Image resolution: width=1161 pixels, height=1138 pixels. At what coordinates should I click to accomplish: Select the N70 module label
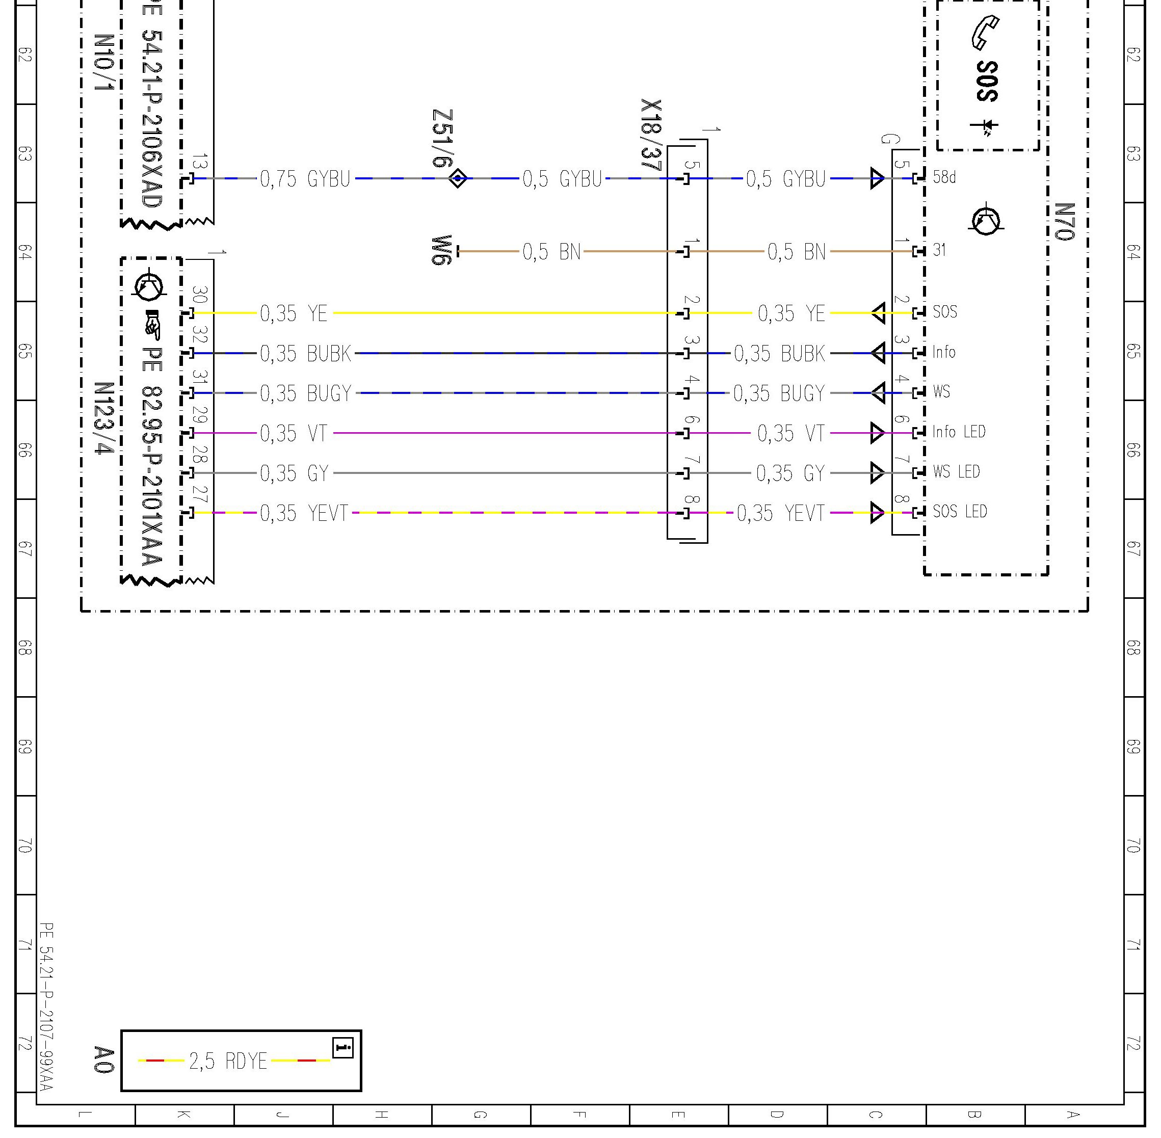click(x=1064, y=222)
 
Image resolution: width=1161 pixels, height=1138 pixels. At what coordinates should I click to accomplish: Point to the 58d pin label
click(x=944, y=177)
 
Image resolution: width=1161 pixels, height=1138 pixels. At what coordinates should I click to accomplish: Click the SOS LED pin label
click(x=960, y=512)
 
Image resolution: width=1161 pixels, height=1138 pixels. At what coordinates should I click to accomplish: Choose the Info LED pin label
click(x=959, y=432)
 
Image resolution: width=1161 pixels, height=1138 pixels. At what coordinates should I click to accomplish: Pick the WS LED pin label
click(x=956, y=471)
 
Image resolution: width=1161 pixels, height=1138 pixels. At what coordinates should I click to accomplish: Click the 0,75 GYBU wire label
click(x=305, y=179)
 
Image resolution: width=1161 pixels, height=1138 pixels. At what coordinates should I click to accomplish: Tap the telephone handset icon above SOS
click(x=984, y=33)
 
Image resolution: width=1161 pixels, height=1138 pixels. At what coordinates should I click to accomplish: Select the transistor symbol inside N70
click(x=986, y=221)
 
